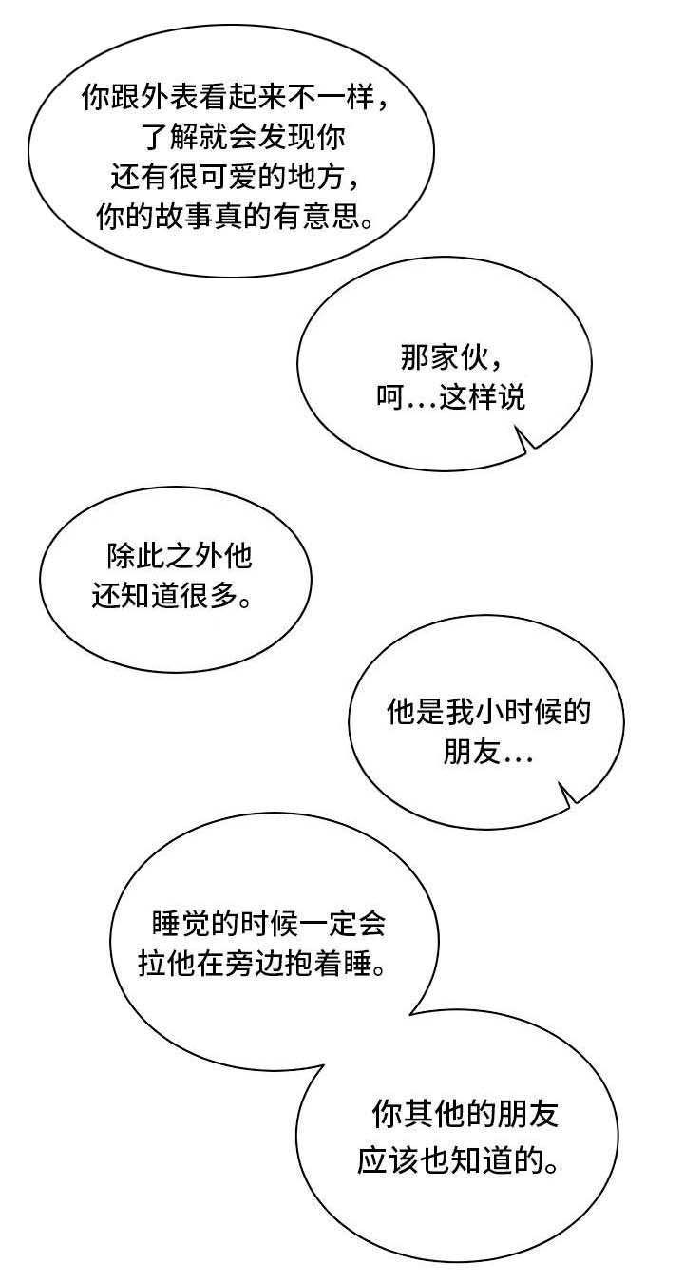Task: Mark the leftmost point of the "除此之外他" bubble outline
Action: [x=40, y=580]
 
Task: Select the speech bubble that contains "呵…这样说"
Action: [x=445, y=364]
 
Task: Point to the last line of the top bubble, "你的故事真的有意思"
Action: [x=236, y=216]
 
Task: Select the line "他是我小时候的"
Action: [x=488, y=712]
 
